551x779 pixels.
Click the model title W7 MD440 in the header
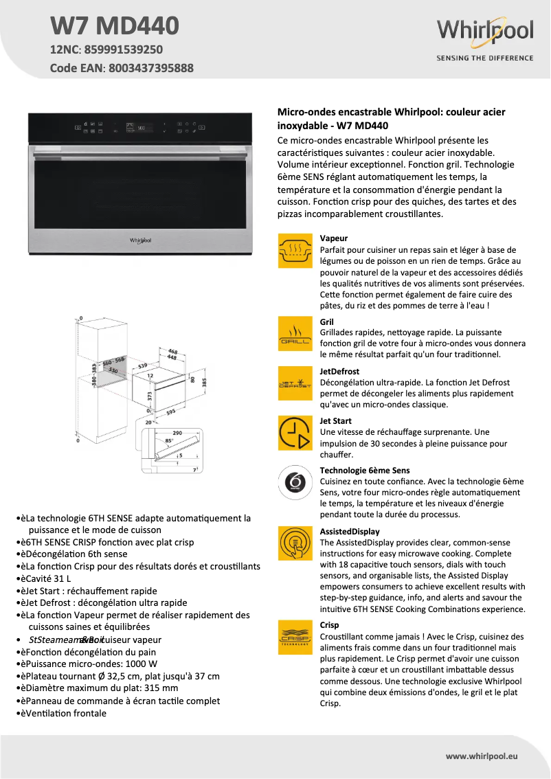(115, 26)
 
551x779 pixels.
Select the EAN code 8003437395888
(150, 68)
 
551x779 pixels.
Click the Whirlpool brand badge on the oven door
(140, 240)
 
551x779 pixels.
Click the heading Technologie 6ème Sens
(364, 471)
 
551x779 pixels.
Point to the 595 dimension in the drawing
(170, 412)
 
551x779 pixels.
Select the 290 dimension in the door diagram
(177, 433)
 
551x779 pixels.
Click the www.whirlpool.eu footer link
(481, 756)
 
